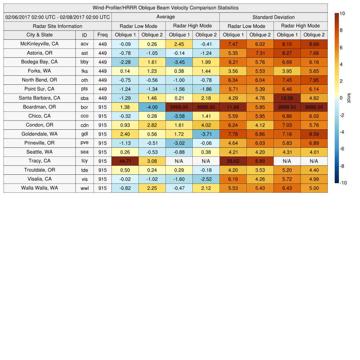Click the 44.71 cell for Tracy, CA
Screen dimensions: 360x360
point(125,161)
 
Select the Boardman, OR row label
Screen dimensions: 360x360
point(39,107)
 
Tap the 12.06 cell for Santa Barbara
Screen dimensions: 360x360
point(287,98)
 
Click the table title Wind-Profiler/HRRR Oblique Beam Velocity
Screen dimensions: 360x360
point(165,8)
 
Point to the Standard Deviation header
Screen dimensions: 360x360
point(274,17)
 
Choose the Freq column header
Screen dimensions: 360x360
point(102,35)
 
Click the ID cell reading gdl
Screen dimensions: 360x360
point(84,134)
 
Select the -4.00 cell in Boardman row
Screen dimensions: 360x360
point(152,107)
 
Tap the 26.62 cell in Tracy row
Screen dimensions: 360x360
point(233,161)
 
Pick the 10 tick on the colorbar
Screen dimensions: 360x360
point(342,13)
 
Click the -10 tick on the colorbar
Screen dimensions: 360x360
point(343,183)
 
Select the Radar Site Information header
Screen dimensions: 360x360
point(57,26)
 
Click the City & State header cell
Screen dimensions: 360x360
point(39,35)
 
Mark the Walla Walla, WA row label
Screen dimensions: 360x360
point(39,188)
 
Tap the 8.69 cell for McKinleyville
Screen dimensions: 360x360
point(314,44)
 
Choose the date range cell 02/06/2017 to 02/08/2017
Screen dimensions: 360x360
point(57,17)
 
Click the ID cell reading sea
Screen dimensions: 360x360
point(84,152)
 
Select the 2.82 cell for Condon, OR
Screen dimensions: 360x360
point(152,125)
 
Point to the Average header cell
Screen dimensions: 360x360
point(165,17)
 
